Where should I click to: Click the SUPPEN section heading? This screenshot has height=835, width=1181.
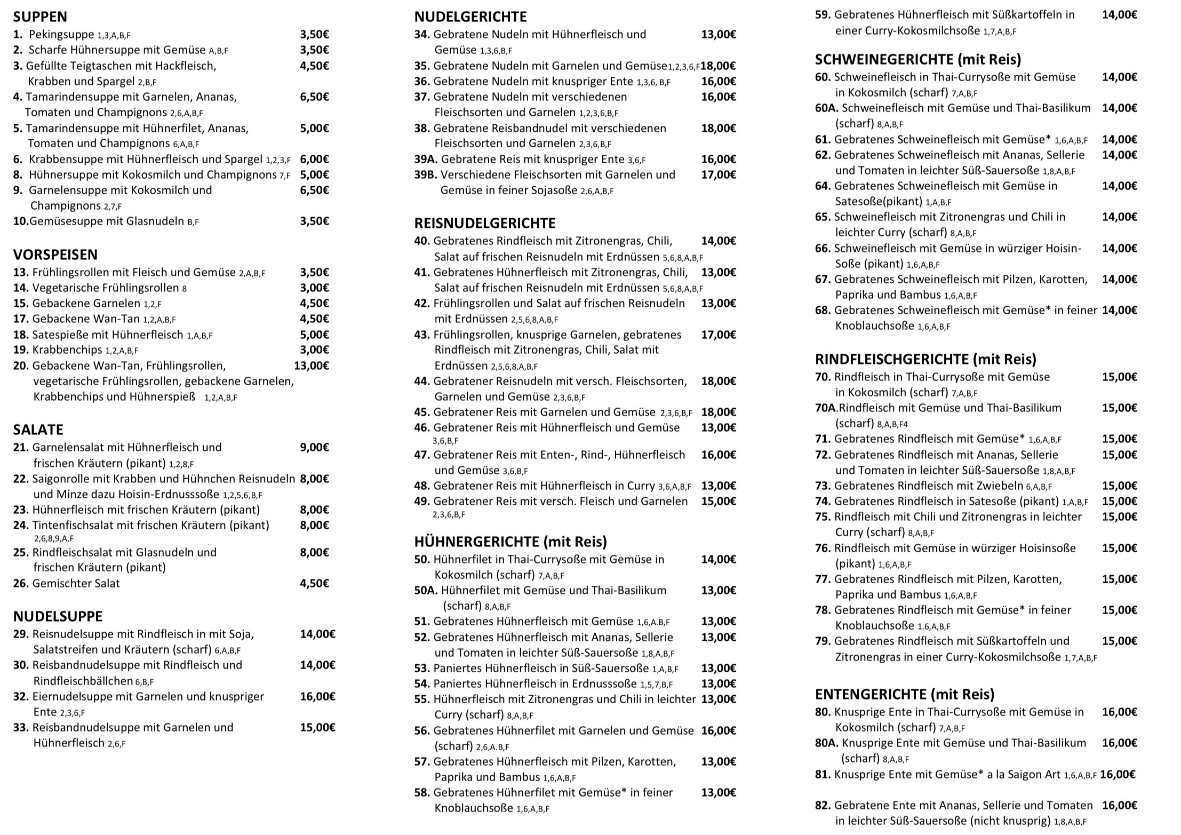click(x=40, y=17)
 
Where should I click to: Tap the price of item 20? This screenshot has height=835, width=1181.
click(x=312, y=365)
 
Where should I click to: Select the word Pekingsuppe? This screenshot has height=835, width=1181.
click(x=61, y=35)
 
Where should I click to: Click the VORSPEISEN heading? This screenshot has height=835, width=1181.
click(x=55, y=255)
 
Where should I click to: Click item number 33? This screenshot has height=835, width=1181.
click(x=21, y=727)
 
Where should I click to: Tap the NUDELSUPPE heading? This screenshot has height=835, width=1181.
click(x=58, y=616)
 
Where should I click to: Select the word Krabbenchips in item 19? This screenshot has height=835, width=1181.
click(x=67, y=350)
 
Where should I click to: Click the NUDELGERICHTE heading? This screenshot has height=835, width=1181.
click(x=470, y=17)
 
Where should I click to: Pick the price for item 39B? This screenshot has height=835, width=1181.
click(x=719, y=174)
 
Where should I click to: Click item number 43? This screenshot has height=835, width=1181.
click(x=422, y=335)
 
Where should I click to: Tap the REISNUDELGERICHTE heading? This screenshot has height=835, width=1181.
click(x=485, y=223)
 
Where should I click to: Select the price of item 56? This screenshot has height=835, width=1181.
click(x=719, y=730)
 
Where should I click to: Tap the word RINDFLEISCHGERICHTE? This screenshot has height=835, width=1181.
click(x=891, y=359)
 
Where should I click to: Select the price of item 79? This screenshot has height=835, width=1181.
click(x=1120, y=641)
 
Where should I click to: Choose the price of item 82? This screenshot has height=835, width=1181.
click(x=1120, y=805)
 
